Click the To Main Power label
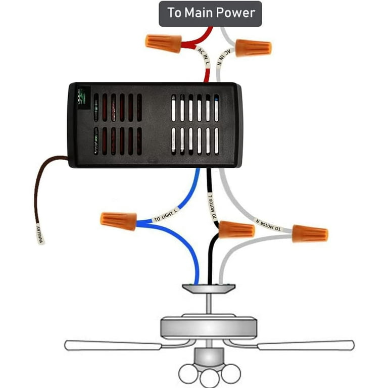click(x=211, y=13)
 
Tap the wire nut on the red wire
click(x=163, y=42)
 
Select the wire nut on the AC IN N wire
click(x=254, y=47)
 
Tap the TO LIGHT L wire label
click(x=166, y=215)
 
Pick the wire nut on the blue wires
click(x=118, y=220)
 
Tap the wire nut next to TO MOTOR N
click(x=310, y=233)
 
